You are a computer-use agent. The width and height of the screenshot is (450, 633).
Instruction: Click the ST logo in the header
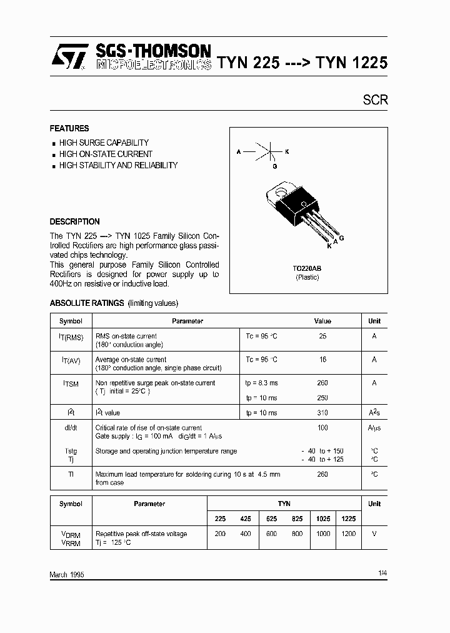coord(66,56)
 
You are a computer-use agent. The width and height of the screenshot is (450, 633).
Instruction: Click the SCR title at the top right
coord(376,99)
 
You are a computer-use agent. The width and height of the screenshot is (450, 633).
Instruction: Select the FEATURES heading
coord(69,128)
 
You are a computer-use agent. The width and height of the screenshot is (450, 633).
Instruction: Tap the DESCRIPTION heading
coord(74,221)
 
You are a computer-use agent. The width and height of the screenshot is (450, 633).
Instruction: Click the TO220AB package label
coord(307,268)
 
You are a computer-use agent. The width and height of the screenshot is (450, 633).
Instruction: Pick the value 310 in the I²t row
coord(322,413)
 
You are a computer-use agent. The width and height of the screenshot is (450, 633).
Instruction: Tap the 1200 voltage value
coord(349,534)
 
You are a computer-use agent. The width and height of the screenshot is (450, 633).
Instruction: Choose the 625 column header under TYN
coord(271,518)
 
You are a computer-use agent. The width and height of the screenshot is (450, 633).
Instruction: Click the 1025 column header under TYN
coord(322,518)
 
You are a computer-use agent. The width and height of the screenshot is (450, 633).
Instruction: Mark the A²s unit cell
coord(374,413)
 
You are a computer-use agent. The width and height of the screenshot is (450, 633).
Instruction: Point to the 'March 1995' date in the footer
coord(67,574)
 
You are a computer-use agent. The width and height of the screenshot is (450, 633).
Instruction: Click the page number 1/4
coord(382,573)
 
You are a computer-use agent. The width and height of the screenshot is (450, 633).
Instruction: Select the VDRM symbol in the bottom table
coord(71,535)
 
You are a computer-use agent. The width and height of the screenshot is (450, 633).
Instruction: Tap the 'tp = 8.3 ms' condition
coord(261,383)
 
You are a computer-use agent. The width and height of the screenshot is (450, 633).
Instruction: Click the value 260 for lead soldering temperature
coord(322,474)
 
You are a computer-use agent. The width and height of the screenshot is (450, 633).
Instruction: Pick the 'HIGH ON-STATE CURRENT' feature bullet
coord(106,154)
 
